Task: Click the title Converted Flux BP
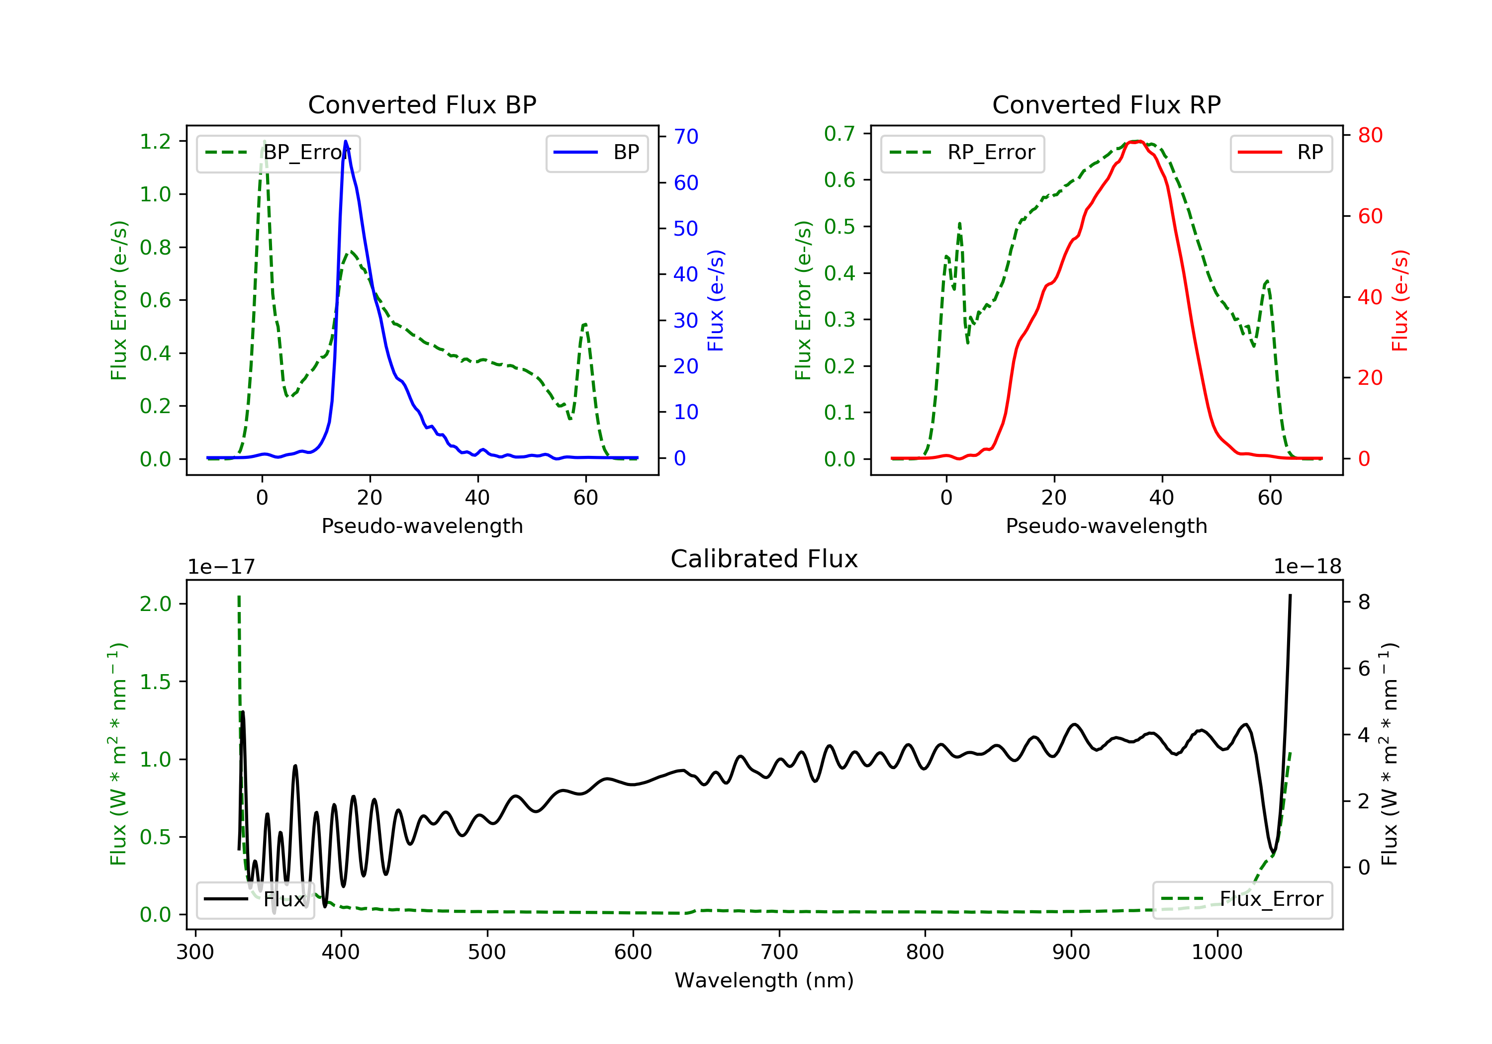click(422, 104)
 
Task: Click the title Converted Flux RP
click(1107, 104)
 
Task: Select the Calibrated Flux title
click(764, 559)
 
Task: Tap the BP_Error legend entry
click(278, 153)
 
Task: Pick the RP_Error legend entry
click(962, 153)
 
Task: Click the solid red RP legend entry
click(1281, 153)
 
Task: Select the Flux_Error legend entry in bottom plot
click(1242, 899)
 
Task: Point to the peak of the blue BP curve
click(346, 141)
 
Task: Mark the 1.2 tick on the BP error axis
click(155, 141)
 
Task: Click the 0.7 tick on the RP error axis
click(839, 134)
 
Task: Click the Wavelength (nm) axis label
click(764, 980)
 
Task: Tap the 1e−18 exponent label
click(1307, 567)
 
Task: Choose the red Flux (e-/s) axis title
click(1399, 301)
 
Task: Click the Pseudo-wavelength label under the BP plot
click(422, 525)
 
